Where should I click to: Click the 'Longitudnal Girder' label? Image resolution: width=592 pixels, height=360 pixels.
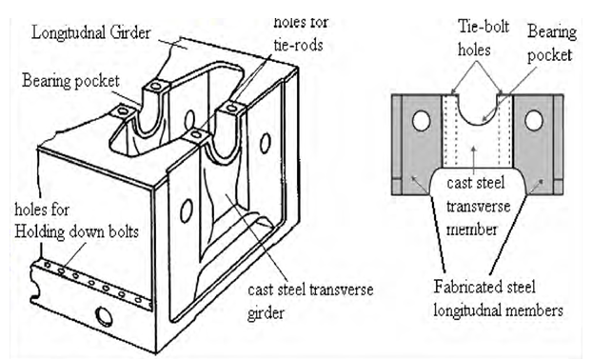click(91, 32)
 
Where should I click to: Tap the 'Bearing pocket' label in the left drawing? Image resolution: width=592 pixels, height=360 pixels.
click(70, 81)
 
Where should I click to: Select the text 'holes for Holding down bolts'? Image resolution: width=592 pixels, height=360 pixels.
click(77, 221)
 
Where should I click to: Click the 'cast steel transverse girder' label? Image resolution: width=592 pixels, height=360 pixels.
click(310, 301)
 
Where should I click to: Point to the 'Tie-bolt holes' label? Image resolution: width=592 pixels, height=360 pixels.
click(483, 38)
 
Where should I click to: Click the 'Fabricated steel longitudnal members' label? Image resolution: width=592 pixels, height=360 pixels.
click(498, 298)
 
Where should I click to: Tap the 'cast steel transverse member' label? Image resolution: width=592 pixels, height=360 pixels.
click(479, 206)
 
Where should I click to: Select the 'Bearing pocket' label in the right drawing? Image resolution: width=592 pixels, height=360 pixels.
click(552, 43)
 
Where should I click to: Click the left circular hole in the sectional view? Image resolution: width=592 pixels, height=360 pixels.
click(422, 121)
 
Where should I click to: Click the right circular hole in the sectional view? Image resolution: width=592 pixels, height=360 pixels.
click(534, 121)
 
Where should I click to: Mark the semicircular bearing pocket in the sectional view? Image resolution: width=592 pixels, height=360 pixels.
click(478, 122)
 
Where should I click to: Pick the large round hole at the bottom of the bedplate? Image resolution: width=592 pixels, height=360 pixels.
click(103, 316)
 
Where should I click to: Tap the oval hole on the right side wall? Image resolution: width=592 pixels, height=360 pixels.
click(266, 143)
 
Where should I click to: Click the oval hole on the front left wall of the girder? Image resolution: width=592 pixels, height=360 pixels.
click(187, 210)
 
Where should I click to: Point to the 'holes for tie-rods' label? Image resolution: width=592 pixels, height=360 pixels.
click(300, 34)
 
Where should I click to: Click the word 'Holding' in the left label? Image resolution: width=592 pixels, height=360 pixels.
click(40, 231)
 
